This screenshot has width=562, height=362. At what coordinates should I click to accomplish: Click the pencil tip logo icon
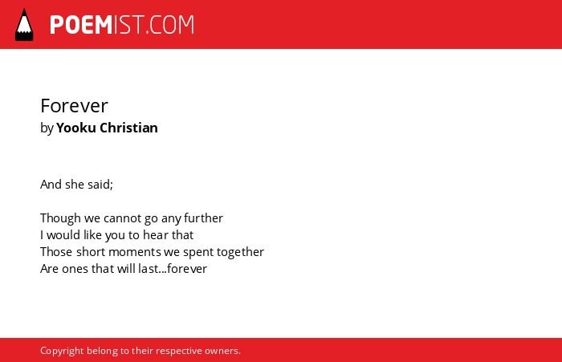(x=24, y=25)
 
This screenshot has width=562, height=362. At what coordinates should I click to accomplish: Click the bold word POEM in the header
(x=81, y=25)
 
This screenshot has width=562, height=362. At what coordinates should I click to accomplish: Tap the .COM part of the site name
(x=170, y=25)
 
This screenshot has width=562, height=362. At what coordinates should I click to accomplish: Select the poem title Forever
(x=74, y=106)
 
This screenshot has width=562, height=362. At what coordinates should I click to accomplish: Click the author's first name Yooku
(x=76, y=128)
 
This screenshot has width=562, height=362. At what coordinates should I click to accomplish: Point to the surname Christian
(x=128, y=128)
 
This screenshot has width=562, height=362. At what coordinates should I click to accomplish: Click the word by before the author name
(x=47, y=128)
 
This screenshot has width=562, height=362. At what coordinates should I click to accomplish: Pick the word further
(x=204, y=218)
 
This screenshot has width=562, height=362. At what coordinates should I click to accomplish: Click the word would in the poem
(x=63, y=235)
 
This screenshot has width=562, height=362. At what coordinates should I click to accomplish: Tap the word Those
(x=57, y=252)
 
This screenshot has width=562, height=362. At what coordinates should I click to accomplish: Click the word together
(x=241, y=252)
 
